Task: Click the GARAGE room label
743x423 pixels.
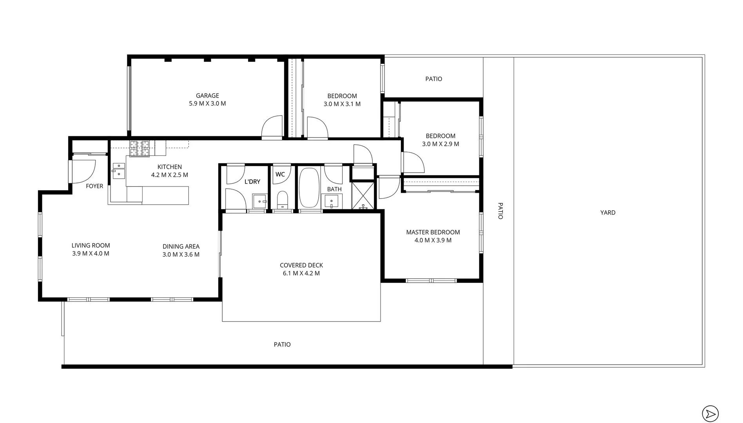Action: [207, 96]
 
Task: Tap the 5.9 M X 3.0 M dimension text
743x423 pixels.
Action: [207, 104]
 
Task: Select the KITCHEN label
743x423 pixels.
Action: [170, 167]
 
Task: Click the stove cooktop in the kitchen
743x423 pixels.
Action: [140, 148]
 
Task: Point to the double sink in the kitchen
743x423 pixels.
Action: [119, 171]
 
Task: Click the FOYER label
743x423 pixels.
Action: [94, 186]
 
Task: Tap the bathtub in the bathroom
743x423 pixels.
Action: [310, 188]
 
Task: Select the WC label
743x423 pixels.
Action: [280, 174]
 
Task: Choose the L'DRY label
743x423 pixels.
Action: [252, 182]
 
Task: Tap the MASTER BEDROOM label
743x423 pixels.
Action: [433, 232]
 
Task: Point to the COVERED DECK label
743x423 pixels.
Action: [301, 265]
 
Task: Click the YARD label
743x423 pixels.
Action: [608, 213]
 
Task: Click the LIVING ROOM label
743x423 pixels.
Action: [91, 246]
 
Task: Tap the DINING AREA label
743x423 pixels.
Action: [181, 246]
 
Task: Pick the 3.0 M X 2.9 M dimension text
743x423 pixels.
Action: [440, 144]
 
